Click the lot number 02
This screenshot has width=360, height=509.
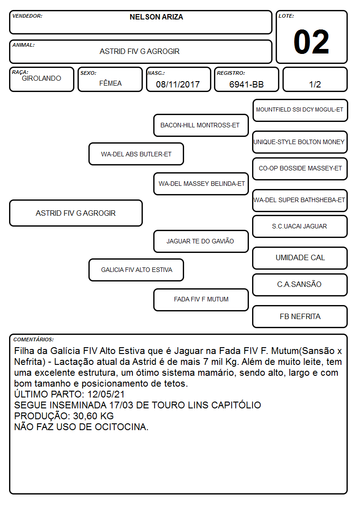[311, 42]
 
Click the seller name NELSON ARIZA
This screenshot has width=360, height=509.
[156, 17]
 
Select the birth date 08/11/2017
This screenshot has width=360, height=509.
[178, 84]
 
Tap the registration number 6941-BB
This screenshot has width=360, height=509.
[246, 84]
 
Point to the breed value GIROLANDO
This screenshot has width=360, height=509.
[41, 78]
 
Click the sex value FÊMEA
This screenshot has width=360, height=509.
[110, 83]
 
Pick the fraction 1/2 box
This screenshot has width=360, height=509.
[315, 79]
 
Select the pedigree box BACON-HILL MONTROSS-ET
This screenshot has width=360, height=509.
[201, 125]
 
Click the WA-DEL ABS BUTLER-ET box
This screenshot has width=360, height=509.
[136, 154]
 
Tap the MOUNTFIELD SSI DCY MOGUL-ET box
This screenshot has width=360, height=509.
[300, 111]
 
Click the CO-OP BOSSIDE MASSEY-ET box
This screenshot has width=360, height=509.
[300, 169]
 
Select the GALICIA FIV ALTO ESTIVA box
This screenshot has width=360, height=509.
[136, 270]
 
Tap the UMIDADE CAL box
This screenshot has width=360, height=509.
[300, 258]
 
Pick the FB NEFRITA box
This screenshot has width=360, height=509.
[300, 317]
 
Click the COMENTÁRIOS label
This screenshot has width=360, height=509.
[34, 339]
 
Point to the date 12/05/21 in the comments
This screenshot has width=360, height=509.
[106, 394]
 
